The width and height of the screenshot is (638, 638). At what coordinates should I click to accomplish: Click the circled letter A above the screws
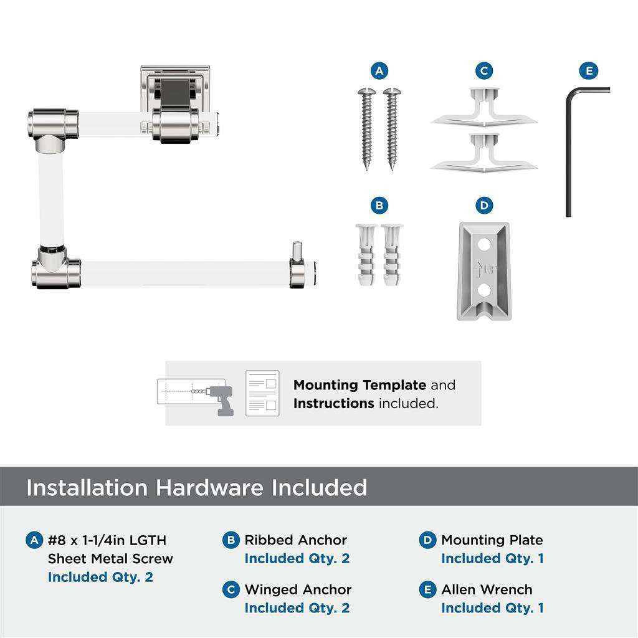(379, 70)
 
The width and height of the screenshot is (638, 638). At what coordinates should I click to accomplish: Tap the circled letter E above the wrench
(588, 70)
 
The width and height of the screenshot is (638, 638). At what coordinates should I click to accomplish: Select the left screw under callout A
(366, 128)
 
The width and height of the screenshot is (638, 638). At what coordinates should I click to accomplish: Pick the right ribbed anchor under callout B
(393, 254)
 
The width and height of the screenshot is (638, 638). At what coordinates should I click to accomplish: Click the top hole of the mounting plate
(483, 245)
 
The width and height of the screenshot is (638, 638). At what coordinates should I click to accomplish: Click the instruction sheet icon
(262, 393)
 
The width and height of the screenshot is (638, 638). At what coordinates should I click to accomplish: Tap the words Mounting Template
(359, 385)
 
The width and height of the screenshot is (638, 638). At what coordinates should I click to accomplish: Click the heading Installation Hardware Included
(196, 487)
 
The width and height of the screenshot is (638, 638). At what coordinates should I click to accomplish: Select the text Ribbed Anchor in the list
(295, 540)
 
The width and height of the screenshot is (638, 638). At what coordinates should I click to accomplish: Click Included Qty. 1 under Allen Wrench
(492, 607)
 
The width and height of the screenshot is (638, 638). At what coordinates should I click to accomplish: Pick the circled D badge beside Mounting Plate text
(427, 540)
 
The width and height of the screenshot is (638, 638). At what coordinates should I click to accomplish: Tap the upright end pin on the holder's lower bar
(297, 251)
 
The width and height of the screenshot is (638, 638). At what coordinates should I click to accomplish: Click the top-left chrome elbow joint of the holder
(54, 125)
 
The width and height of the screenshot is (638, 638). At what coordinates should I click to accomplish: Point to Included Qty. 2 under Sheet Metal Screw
(100, 577)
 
